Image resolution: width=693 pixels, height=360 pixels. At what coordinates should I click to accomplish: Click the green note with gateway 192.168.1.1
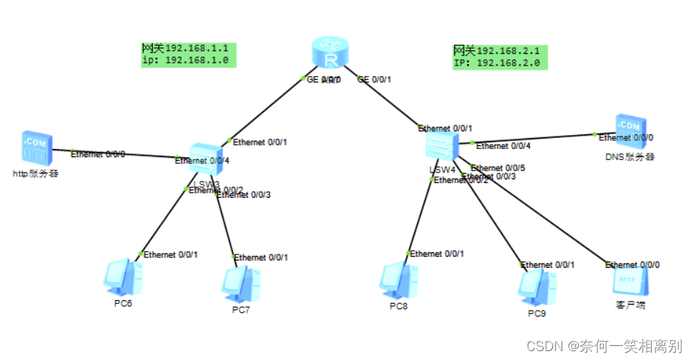[189, 54]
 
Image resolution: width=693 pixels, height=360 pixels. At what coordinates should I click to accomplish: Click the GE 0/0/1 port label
[375, 80]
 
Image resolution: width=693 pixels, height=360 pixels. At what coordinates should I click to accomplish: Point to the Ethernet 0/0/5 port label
[498, 167]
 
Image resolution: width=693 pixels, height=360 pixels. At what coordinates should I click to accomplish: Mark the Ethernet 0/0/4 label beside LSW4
[504, 146]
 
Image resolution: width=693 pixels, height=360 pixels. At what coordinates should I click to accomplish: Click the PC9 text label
[537, 314]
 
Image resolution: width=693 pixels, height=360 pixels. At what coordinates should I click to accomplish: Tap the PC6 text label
[122, 302]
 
